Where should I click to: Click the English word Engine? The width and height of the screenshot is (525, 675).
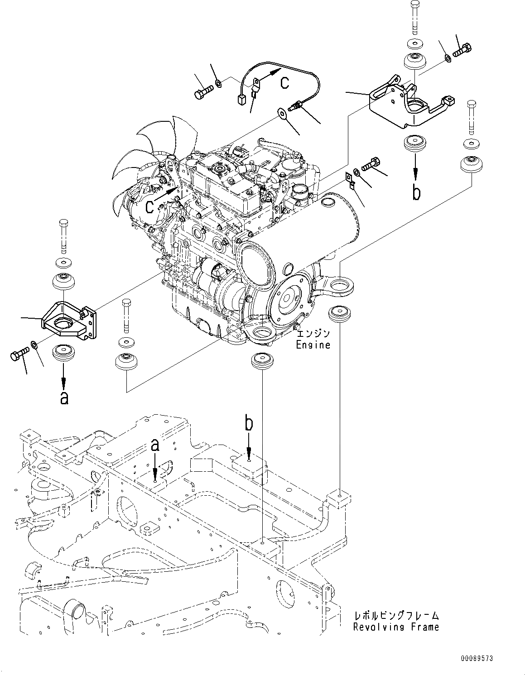[x=313, y=345]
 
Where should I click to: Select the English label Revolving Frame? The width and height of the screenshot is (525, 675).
[x=396, y=627]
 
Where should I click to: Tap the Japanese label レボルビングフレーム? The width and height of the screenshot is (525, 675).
[x=396, y=616]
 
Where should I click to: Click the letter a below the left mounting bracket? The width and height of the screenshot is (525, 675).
[x=64, y=397]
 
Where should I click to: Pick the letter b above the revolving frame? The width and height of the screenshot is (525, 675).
[x=249, y=423]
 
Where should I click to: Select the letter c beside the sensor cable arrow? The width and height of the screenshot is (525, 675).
[x=284, y=82]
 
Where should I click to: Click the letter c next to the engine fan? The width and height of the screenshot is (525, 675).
[x=151, y=207]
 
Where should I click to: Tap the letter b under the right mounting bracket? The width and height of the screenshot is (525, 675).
[x=416, y=192]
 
